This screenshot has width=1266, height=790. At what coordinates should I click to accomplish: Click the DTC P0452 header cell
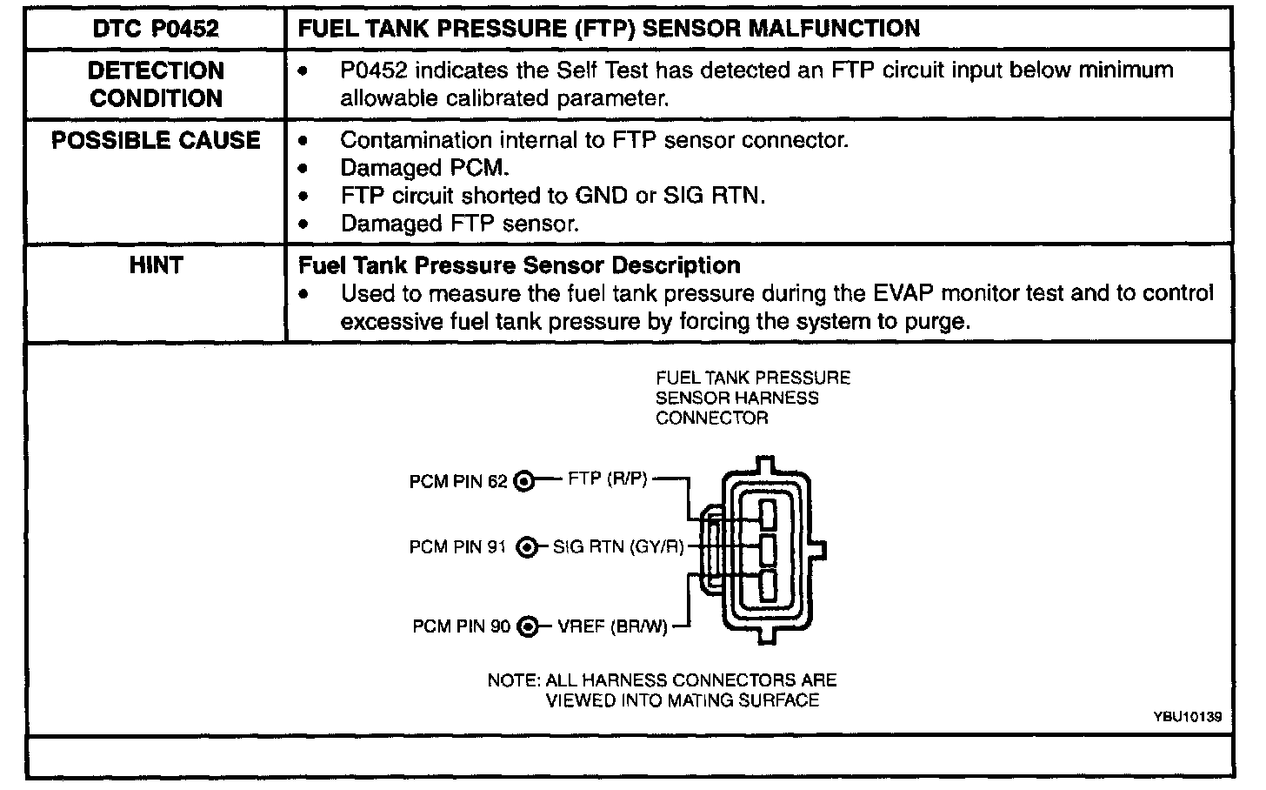tap(156, 29)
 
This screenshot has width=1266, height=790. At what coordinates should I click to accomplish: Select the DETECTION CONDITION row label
tap(156, 84)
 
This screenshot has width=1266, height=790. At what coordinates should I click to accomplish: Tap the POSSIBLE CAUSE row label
tap(156, 141)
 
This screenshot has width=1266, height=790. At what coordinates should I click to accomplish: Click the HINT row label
tap(156, 265)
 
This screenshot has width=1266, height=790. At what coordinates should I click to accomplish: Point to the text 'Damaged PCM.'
tap(424, 168)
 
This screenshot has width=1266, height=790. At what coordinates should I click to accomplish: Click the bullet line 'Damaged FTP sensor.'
tap(459, 224)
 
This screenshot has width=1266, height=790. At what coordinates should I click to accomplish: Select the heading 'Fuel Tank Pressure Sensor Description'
tap(519, 265)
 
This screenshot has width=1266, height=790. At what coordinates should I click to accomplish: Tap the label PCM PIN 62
tap(457, 481)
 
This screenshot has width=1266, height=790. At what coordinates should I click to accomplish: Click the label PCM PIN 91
tap(457, 548)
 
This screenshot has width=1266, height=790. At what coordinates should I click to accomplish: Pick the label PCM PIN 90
tap(461, 626)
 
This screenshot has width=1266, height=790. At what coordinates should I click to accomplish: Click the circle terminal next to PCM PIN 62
tap(524, 481)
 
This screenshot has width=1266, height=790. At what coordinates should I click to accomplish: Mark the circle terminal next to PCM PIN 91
tap(526, 548)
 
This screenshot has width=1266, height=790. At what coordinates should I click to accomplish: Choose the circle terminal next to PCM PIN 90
tap(527, 626)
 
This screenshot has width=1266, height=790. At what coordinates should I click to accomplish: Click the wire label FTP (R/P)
tap(607, 479)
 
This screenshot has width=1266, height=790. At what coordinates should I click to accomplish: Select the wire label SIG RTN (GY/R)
tap(618, 548)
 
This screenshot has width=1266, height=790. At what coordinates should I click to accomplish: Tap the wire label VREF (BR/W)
tap(613, 626)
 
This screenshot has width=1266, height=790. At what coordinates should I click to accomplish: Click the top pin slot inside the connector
tap(767, 514)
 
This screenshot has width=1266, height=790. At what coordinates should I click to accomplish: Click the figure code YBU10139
tap(1188, 717)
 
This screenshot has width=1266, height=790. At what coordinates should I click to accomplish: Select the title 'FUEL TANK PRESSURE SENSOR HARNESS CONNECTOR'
tap(753, 398)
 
